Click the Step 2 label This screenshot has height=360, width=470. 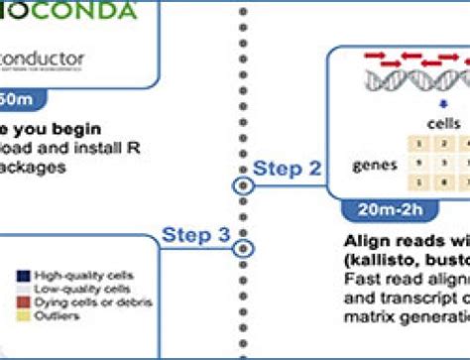[x=289, y=168]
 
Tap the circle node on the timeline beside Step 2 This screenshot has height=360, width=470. [x=239, y=185]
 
